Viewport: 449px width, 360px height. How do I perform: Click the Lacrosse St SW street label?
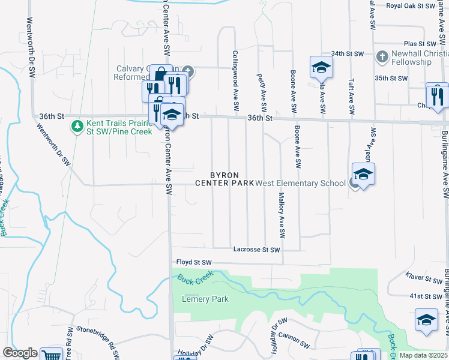pyautogui.click(x=256, y=250)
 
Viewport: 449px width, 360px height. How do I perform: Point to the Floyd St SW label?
pyautogui.click(x=194, y=262)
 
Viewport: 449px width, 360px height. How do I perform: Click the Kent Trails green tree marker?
pyautogui.click(x=76, y=126)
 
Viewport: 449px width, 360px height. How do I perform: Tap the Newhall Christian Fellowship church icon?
pyautogui.click(x=381, y=57)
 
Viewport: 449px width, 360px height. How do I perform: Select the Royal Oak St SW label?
pyautogui.click(x=410, y=6)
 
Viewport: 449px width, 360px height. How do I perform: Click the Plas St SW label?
pyautogui.click(x=419, y=44)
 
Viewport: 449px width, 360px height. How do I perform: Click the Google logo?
pyautogui.click(x=20, y=353)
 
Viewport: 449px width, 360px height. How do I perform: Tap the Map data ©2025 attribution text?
pyautogui.click(x=424, y=355)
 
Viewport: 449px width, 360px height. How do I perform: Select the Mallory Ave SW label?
pyautogui.click(x=280, y=214)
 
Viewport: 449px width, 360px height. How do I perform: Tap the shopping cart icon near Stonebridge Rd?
pyautogui.click(x=52, y=355)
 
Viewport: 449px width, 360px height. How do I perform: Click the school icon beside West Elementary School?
pyautogui.click(x=363, y=175)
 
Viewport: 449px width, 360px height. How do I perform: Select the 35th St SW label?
pyautogui.click(x=391, y=78)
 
